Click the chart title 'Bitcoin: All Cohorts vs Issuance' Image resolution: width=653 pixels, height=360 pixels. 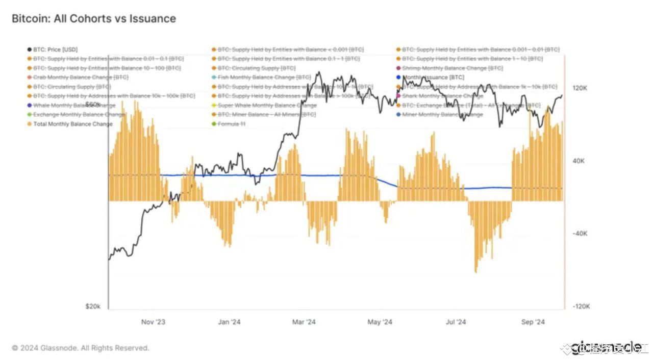pyautogui.click(x=93, y=19)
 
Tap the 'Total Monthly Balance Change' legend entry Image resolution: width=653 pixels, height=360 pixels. pyautogui.click(x=72, y=124)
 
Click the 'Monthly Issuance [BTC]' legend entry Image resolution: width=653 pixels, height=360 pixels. pyautogui.click(x=433, y=78)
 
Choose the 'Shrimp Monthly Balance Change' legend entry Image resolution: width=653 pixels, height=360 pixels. pyautogui.click(x=452, y=68)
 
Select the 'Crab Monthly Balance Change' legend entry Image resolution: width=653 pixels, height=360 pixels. pyautogui.click(x=81, y=78)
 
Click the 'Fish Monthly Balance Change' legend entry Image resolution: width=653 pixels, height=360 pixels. pyautogui.click(x=264, y=78)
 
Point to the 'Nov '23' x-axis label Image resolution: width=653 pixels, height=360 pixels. pyautogui.click(x=153, y=322)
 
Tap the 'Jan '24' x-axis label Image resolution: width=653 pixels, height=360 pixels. pyautogui.click(x=229, y=322)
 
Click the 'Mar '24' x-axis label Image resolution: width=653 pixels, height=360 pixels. pyautogui.click(x=304, y=322)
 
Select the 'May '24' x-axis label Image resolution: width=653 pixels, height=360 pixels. pyautogui.click(x=380, y=322)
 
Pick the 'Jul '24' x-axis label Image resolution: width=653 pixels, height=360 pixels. pyautogui.click(x=456, y=322)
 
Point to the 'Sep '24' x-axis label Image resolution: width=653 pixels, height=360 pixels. pyautogui.click(x=533, y=322)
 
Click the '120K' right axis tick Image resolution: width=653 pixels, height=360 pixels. pyautogui.click(x=580, y=88)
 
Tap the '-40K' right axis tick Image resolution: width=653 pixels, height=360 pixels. pyautogui.click(x=581, y=234)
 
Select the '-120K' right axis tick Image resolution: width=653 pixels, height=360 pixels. pyautogui.click(x=581, y=306)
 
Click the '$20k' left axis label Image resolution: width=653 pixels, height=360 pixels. pyautogui.click(x=93, y=306)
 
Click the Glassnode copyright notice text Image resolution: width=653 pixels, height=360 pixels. pyautogui.click(x=81, y=348)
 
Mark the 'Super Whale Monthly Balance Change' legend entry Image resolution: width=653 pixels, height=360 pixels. pyautogui.click(x=267, y=106)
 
